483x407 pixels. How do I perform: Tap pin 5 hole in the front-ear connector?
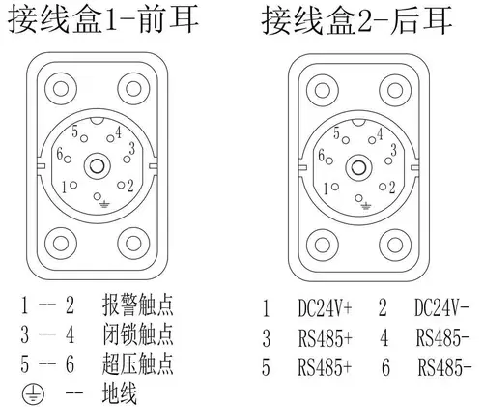(x=84, y=138)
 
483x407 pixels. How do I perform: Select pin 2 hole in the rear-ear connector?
(x=383, y=187)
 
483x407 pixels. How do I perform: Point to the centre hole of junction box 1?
(x=97, y=166)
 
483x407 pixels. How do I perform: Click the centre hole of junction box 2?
(x=358, y=168)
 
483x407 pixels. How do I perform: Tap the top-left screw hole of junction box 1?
(x=61, y=89)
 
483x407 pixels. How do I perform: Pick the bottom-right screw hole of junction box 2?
(x=395, y=245)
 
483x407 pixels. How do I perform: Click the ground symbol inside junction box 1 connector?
(x=103, y=204)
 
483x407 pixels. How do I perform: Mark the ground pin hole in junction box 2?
(x=359, y=198)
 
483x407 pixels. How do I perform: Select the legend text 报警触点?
(x=138, y=305)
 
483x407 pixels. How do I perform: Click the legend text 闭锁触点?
(x=138, y=334)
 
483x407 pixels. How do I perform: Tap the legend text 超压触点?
(x=138, y=363)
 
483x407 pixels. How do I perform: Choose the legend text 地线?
(x=120, y=392)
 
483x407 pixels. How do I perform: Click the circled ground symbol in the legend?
(x=34, y=393)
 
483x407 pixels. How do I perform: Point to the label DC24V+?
(x=325, y=308)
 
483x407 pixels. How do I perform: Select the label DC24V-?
(x=441, y=307)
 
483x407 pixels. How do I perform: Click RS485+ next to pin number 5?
(x=325, y=367)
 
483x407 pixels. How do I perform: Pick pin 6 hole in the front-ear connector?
(x=68, y=159)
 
